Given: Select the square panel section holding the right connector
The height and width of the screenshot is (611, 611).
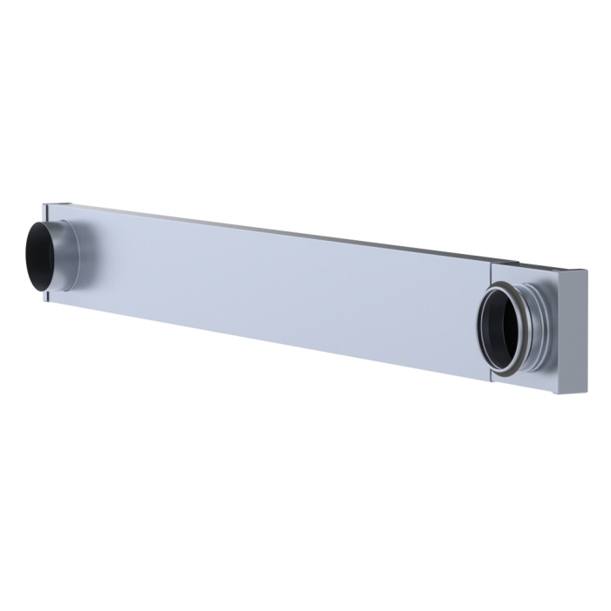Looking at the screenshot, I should point(541,349).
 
